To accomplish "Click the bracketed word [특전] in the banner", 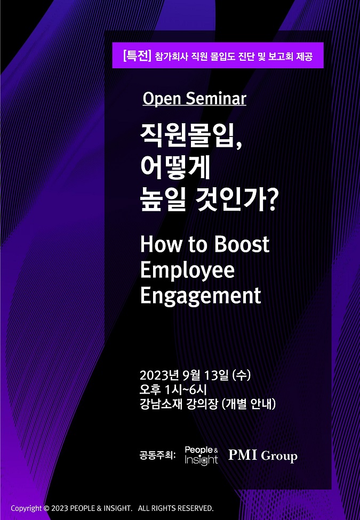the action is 137,55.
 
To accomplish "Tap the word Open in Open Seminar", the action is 162,99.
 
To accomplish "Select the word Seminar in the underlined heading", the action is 216,99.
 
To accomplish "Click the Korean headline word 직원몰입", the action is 187,135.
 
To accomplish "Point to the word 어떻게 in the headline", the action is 175,168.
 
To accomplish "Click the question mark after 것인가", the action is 271,201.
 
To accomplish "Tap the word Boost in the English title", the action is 241,244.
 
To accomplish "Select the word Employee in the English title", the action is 187,270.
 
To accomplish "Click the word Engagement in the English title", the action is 201,296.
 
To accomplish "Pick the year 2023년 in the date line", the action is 160,375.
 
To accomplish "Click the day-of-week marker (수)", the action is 241,375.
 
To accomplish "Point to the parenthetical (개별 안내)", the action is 249,404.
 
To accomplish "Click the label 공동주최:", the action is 158,455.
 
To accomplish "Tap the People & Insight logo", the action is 201,455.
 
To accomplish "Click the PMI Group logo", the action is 262,455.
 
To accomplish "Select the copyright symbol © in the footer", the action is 46,508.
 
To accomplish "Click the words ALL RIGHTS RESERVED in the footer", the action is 175,508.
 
